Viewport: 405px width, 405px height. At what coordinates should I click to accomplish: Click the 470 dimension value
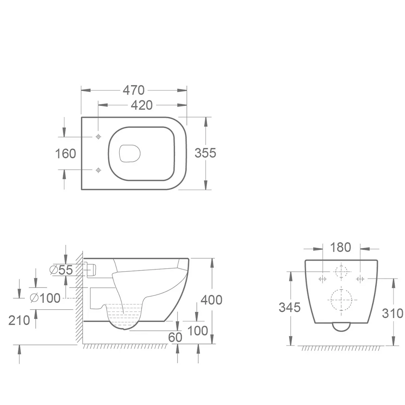click(x=134, y=90)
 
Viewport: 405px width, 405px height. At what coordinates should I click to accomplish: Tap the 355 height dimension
click(x=205, y=153)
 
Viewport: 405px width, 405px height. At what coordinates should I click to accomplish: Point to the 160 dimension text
click(x=66, y=153)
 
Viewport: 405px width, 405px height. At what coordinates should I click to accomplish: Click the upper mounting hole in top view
click(x=98, y=137)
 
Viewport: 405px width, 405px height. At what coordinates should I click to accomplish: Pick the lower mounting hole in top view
click(x=98, y=170)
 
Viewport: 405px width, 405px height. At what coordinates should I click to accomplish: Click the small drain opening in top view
click(x=130, y=153)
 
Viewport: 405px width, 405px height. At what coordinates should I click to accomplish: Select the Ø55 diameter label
click(x=61, y=270)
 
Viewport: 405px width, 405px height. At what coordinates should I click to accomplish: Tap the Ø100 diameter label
click(x=45, y=298)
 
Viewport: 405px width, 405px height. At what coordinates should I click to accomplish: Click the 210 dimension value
click(x=19, y=320)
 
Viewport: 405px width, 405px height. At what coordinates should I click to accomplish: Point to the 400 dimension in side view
click(x=211, y=300)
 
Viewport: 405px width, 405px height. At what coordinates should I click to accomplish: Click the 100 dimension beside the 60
click(x=198, y=331)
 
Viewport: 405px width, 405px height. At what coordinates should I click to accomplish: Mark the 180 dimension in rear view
click(x=340, y=247)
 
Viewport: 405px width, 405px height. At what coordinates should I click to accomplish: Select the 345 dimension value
click(x=290, y=307)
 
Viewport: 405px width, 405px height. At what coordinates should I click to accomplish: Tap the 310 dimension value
click(x=392, y=313)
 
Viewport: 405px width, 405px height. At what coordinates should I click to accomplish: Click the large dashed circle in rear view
click(x=342, y=299)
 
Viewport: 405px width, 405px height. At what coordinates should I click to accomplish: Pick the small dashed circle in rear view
click(x=341, y=272)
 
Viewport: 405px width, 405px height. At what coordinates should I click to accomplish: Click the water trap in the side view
click(x=124, y=315)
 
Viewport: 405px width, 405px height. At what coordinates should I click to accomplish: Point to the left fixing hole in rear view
click(x=323, y=279)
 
